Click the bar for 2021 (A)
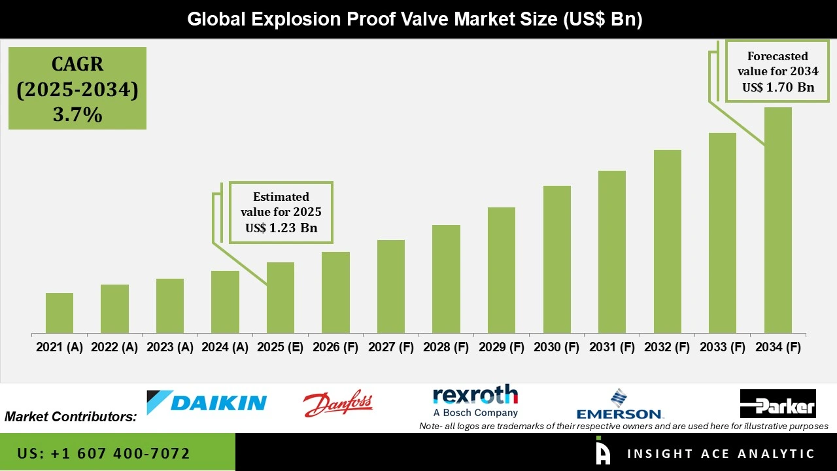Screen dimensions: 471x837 pyautogui.click(x=60, y=313)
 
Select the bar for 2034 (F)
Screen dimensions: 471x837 pyautogui.click(x=777, y=220)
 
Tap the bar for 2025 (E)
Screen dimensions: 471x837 pyautogui.click(x=281, y=298)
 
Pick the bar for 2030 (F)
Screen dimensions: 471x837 pyautogui.click(x=556, y=259)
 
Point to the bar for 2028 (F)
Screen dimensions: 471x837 pyautogui.click(x=446, y=279)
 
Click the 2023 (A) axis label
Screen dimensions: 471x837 pyautogui.click(x=170, y=347)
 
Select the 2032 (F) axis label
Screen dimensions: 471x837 pyautogui.click(x=667, y=347)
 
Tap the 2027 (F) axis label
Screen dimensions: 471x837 pyautogui.click(x=391, y=347)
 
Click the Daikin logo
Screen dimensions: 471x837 pyautogui.click(x=207, y=402)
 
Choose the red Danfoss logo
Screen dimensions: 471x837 pyautogui.click(x=338, y=404)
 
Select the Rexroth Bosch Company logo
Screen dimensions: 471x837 pyautogui.click(x=475, y=401)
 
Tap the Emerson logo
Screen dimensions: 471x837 pyautogui.click(x=619, y=405)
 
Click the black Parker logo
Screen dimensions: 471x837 pyautogui.click(x=777, y=404)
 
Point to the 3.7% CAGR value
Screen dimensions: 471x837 pyautogui.click(x=77, y=115)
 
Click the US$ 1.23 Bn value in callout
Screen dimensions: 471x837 pyautogui.click(x=281, y=228)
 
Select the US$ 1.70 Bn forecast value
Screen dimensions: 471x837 pyautogui.click(x=777, y=87)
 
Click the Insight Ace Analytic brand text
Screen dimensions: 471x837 pyautogui.click(x=721, y=453)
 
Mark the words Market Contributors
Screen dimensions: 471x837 pyautogui.click(x=71, y=417)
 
